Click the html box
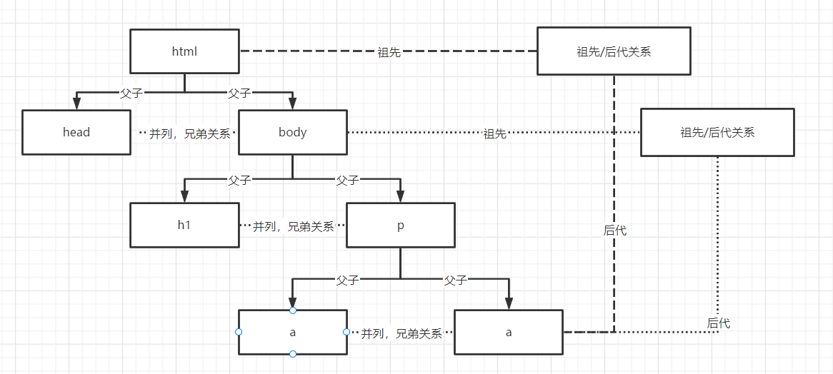click(x=184, y=51)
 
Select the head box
click(x=76, y=132)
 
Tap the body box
click(x=292, y=132)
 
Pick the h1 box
click(x=184, y=225)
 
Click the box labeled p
click(x=400, y=225)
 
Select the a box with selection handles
click(x=292, y=332)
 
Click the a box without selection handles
click(x=509, y=332)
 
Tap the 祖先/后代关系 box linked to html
click(x=614, y=51)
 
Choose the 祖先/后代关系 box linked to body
click(x=717, y=132)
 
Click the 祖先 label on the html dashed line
click(x=389, y=52)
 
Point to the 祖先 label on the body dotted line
click(x=494, y=133)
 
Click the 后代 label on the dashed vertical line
click(x=615, y=231)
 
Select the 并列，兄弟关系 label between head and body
click(x=189, y=133)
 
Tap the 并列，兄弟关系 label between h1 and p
click(x=293, y=226)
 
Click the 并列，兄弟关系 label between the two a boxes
click(x=401, y=333)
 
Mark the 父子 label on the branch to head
click(x=131, y=93)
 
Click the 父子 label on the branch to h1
click(x=239, y=181)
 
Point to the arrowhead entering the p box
click(x=400, y=197)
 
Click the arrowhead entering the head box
click(x=76, y=104)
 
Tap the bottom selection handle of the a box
click(x=293, y=354)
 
